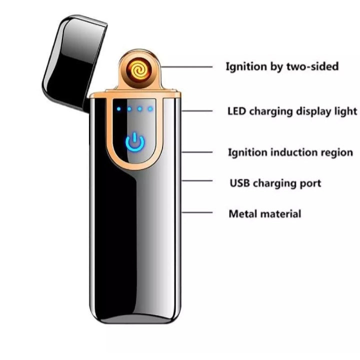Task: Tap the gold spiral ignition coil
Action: (x=137, y=70)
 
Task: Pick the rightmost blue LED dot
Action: (x=150, y=108)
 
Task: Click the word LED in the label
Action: (x=236, y=111)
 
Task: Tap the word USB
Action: (x=239, y=183)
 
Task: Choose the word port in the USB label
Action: (x=309, y=183)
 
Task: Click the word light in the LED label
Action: (x=346, y=111)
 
